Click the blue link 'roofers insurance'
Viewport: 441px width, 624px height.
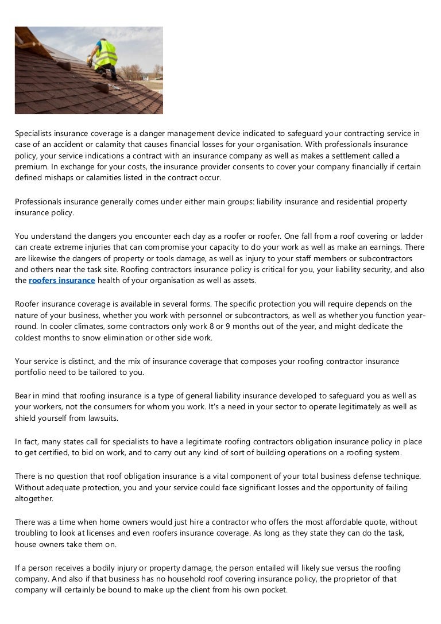point(62,280)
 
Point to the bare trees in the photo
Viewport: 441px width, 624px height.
point(135,72)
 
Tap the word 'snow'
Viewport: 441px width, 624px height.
point(102,337)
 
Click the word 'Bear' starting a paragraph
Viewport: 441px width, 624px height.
point(24,396)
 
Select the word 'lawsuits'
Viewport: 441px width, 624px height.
point(102,418)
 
